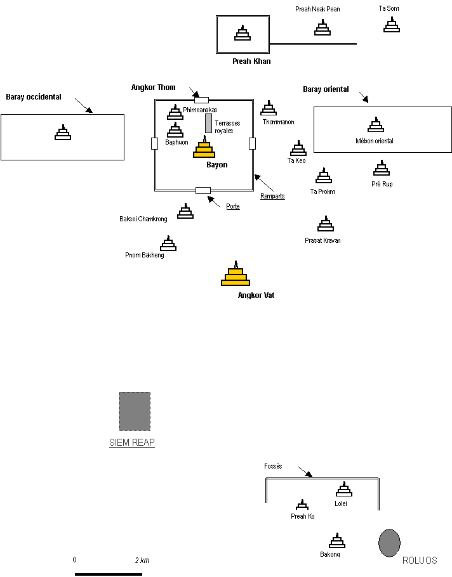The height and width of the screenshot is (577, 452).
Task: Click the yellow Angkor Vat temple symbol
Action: click(236, 275)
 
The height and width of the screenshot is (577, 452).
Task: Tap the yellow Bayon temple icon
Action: click(204, 148)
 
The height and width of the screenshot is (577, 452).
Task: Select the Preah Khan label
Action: click(252, 62)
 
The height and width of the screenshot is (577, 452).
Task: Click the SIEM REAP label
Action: click(132, 443)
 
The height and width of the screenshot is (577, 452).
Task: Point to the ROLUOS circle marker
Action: click(389, 543)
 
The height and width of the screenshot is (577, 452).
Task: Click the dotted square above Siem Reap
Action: click(135, 411)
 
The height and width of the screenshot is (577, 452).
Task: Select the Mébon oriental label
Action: click(375, 141)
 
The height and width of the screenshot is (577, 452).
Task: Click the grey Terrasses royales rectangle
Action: click(208, 123)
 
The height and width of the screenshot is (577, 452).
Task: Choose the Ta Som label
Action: click(389, 8)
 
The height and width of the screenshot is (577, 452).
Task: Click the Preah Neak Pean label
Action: click(317, 10)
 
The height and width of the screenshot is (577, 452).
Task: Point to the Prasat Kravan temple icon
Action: click(326, 224)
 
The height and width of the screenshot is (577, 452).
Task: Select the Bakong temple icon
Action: click(336, 540)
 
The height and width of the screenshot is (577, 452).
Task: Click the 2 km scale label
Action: click(142, 561)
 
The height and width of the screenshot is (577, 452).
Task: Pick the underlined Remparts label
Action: click(273, 196)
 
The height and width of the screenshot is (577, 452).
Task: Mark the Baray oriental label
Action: click(326, 89)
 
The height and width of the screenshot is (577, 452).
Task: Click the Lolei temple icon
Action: click(344, 489)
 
